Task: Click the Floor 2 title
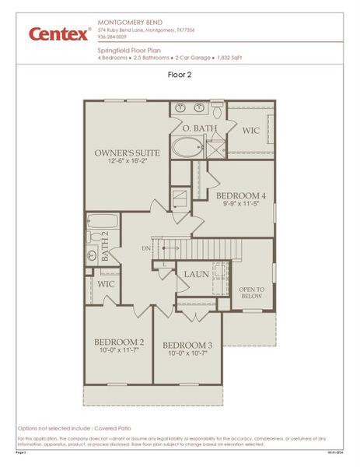[180, 75]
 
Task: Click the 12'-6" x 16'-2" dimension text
[128, 161]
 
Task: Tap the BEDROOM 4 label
[241, 195]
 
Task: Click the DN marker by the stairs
[146, 248]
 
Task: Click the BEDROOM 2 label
[119, 342]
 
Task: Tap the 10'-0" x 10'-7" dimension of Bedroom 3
[187, 353]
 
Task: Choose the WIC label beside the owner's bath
[251, 131]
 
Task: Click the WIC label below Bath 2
[106, 285]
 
